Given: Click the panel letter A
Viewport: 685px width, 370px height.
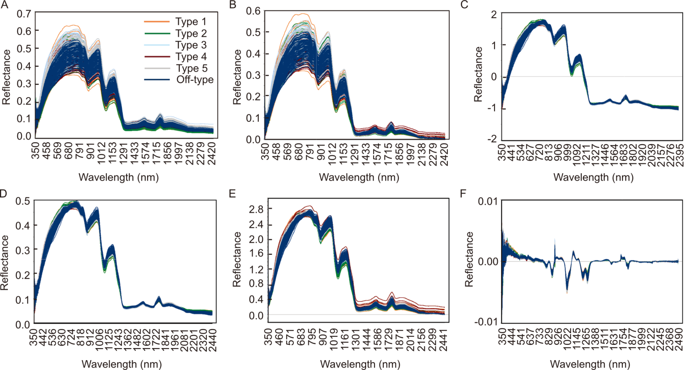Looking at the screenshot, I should [x=4, y=6].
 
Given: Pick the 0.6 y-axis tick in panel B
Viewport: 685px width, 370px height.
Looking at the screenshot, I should [x=254, y=10].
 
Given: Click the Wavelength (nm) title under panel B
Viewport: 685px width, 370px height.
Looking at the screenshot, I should [x=355, y=178].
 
